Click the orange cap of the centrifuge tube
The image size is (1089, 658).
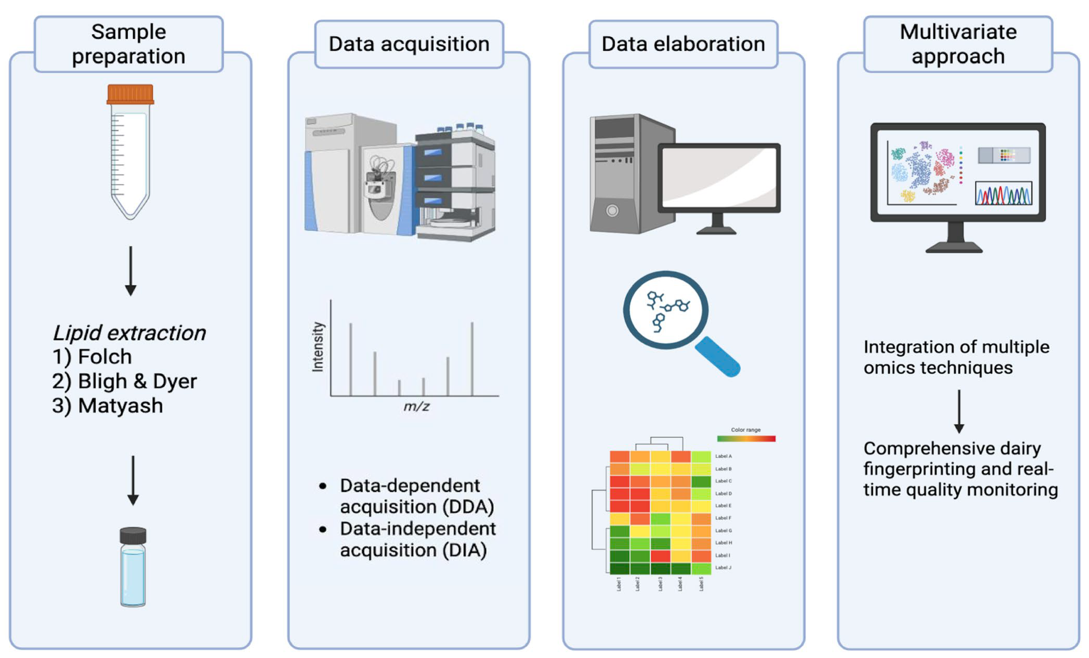coord(130,94)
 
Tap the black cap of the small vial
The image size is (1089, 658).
coord(133,536)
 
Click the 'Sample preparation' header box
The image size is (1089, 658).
coord(129,44)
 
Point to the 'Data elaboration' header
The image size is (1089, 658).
coord(683,44)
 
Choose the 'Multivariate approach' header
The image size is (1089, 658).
coord(958,44)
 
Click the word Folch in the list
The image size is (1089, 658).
coord(105,357)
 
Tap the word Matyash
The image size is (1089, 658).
coord(121,406)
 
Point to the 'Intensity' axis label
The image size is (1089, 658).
coord(318,347)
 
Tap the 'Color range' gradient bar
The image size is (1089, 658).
coord(746,439)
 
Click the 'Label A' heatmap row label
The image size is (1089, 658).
coord(724,456)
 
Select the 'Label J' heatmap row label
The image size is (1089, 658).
coord(724,567)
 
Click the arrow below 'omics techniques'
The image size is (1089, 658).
coord(959,411)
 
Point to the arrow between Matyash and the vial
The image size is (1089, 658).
coord(133,480)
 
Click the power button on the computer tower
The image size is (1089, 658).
coord(612,211)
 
